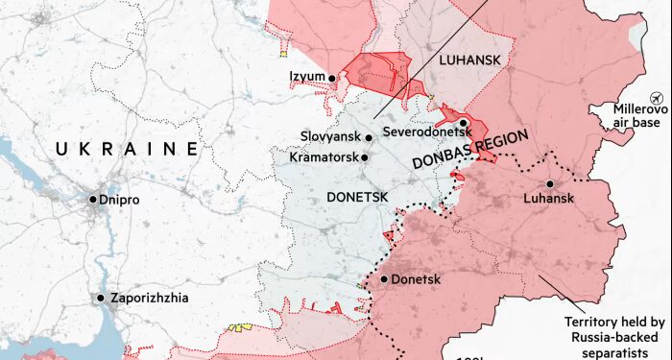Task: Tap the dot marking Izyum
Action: (x=331, y=78)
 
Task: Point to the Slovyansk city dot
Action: (x=368, y=137)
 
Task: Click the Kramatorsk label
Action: (x=322, y=156)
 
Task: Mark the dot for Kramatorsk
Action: (x=364, y=156)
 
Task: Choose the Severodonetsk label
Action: (x=418, y=131)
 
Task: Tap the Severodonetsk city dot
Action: (x=463, y=123)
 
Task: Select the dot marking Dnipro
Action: (x=93, y=200)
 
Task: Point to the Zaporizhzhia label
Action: (x=148, y=298)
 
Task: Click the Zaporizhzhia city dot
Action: (x=100, y=298)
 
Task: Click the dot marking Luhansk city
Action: (x=550, y=184)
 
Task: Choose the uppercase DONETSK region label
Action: (x=357, y=196)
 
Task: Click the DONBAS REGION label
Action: (x=470, y=151)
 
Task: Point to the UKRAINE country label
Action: (x=127, y=149)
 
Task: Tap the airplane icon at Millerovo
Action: (x=658, y=98)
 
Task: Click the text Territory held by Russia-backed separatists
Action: (x=615, y=336)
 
